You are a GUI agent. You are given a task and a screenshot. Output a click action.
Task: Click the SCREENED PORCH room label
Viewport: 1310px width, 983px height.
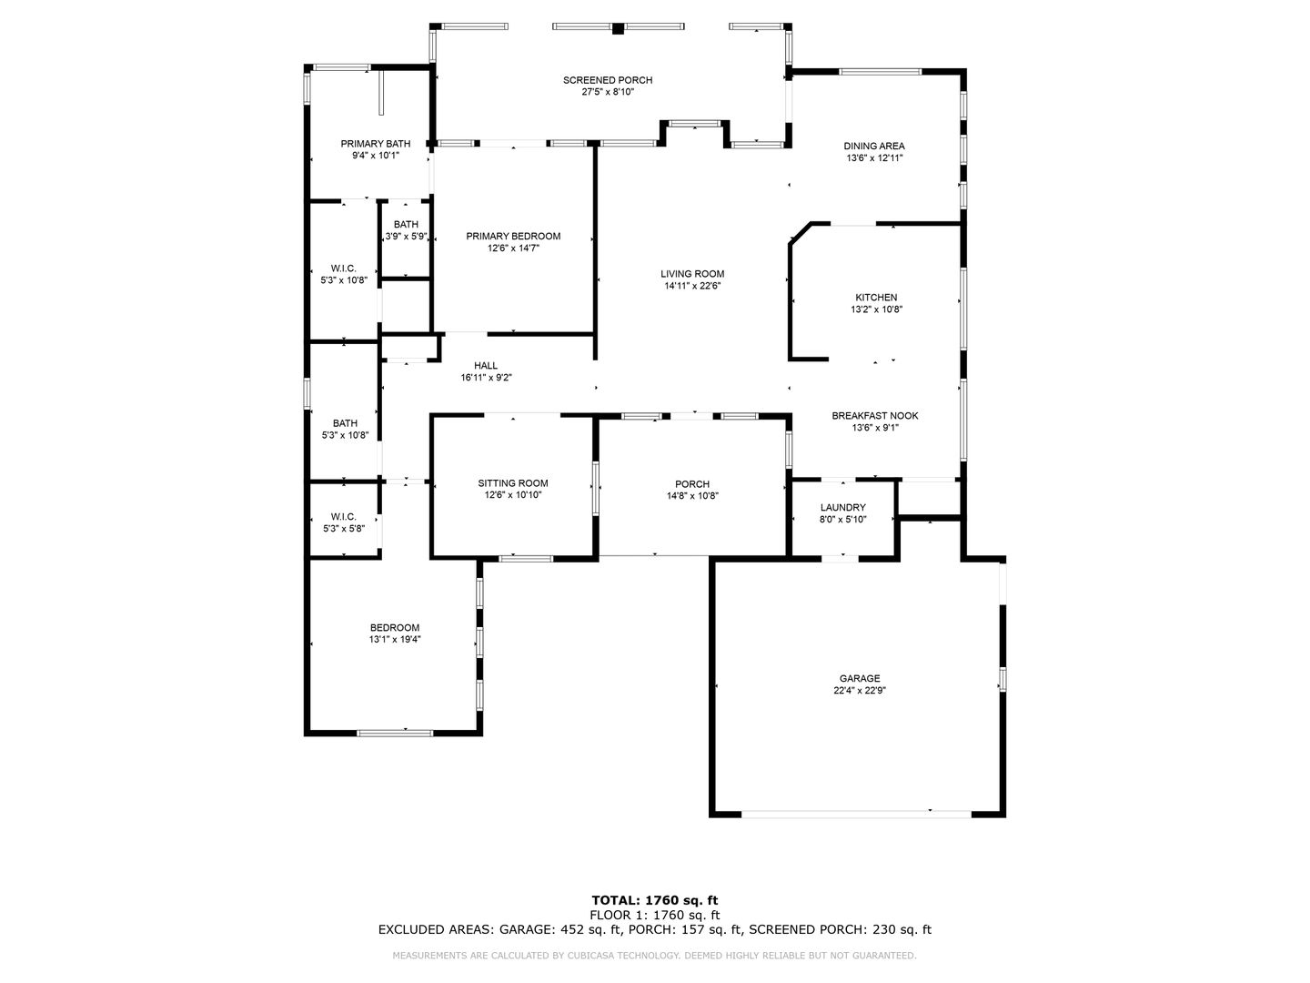pyautogui.click(x=608, y=80)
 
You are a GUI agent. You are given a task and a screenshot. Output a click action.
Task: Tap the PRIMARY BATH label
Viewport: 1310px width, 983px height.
pyautogui.click(x=376, y=144)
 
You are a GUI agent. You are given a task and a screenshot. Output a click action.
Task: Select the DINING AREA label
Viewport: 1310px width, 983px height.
pyautogui.click(x=873, y=147)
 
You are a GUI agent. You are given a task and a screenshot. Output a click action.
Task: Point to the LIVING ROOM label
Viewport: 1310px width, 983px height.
pyautogui.click(x=692, y=274)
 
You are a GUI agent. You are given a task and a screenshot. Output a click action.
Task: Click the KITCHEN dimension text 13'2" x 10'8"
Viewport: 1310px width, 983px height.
pyautogui.click(x=876, y=309)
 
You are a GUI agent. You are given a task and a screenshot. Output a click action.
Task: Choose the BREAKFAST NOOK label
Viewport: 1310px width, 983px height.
pyautogui.click(x=875, y=416)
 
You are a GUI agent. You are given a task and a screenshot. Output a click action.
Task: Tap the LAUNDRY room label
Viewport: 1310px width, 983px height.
pyautogui.click(x=842, y=508)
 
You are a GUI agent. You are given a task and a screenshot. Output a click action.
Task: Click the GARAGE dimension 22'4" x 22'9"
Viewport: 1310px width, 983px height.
pyautogui.click(x=860, y=691)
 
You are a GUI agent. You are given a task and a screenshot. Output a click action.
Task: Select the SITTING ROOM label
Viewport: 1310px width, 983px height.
pyautogui.click(x=513, y=483)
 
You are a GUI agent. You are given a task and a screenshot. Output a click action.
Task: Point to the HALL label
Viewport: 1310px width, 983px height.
pyautogui.click(x=486, y=366)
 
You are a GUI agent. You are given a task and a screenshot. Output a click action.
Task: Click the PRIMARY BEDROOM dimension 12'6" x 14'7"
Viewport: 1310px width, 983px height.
pyautogui.click(x=513, y=248)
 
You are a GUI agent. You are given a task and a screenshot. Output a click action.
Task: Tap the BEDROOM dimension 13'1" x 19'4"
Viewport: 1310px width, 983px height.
pyautogui.click(x=395, y=639)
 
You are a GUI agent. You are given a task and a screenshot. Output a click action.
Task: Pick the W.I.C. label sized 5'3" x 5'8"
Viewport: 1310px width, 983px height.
pyautogui.click(x=343, y=517)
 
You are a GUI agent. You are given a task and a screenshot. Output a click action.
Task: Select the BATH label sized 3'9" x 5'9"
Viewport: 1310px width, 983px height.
pyautogui.click(x=406, y=225)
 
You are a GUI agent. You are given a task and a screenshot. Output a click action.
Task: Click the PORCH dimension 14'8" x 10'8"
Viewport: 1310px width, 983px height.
pyautogui.click(x=692, y=496)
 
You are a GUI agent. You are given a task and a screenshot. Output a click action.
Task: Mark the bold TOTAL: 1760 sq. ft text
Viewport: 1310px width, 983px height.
pyautogui.click(x=655, y=901)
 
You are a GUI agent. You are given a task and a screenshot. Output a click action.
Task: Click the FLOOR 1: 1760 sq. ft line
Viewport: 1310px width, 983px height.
pyautogui.click(x=655, y=915)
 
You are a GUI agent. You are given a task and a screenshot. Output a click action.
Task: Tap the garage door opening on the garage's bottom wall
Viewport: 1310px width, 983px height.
pyautogui.click(x=856, y=814)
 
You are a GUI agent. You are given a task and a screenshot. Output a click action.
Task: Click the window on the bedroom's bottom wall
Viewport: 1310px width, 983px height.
pyautogui.click(x=395, y=733)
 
